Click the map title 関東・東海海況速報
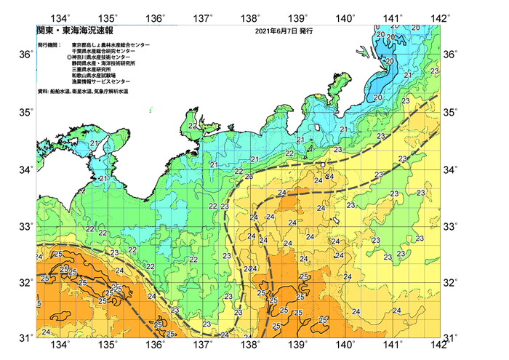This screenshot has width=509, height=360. point(69,32)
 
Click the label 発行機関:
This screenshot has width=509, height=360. point(49,45)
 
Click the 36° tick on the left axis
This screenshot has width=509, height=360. point(27,55)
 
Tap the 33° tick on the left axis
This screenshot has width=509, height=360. point(27,225)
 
